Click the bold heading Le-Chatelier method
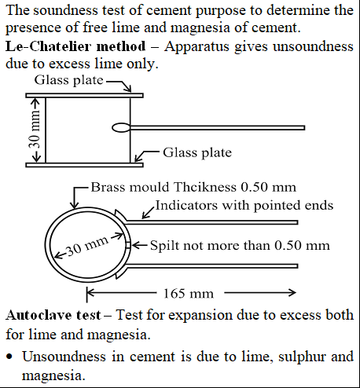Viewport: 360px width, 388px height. click(75, 46)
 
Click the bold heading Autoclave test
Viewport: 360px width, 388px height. click(53, 315)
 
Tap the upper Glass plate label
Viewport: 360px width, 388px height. click(69, 80)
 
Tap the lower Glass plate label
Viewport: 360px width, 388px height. click(197, 152)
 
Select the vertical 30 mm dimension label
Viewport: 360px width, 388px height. click(35, 130)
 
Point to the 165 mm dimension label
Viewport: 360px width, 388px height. click(189, 294)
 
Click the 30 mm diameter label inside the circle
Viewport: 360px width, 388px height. click(87, 247)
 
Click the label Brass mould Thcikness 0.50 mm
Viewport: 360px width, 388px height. click(193, 187)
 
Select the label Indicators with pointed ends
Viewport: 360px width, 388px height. click(244, 206)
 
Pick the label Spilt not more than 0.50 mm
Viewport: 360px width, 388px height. click(240, 246)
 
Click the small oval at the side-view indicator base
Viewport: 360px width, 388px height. click(121, 128)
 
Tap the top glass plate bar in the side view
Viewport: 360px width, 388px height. click(84, 96)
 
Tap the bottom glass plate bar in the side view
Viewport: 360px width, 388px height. click(84, 165)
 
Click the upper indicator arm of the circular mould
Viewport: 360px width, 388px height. click(212, 222)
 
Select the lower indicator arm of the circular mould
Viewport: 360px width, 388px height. click(212, 266)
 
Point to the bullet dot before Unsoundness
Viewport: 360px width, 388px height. click(9, 357)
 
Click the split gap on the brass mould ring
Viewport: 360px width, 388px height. click(128, 245)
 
